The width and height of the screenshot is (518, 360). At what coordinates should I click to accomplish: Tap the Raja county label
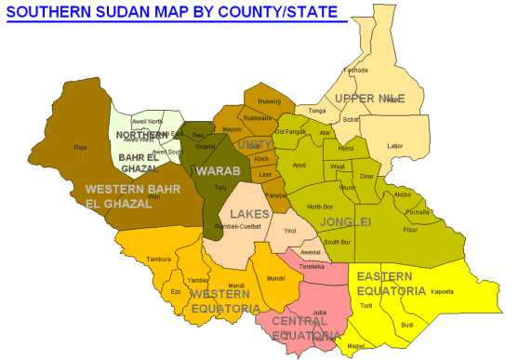(80, 147)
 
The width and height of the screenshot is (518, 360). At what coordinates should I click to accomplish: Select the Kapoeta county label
(443, 291)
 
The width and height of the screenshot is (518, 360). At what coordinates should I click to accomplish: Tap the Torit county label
(365, 305)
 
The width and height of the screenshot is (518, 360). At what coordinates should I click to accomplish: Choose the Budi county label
(406, 325)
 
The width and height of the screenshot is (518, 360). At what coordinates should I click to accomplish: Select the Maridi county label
(236, 285)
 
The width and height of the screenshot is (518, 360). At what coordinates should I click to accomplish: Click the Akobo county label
(402, 194)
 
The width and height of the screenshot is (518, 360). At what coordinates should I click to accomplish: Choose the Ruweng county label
(269, 100)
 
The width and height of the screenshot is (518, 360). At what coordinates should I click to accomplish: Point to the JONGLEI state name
(345, 221)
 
